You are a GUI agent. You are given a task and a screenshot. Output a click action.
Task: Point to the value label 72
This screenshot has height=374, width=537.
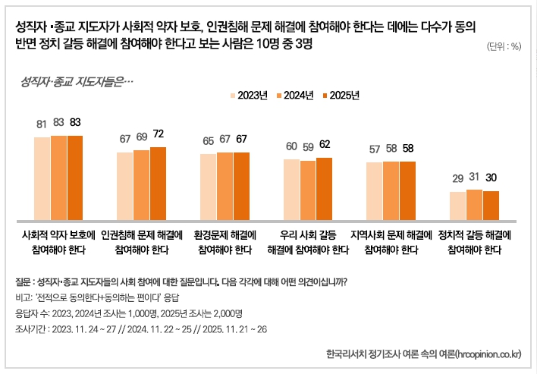click(x=159, y=134)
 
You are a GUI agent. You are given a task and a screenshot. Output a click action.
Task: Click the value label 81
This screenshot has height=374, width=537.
click(x=42, y=123)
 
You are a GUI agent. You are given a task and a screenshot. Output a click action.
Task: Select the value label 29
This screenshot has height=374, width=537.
click(x=457, y=178)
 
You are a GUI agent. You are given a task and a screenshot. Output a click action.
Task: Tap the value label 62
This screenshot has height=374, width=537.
click(x=325, y=144)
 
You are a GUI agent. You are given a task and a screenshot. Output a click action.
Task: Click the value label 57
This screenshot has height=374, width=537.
click(x=374, y=149)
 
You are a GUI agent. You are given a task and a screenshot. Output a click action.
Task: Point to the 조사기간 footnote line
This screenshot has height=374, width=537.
click(x=140, y=329)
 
